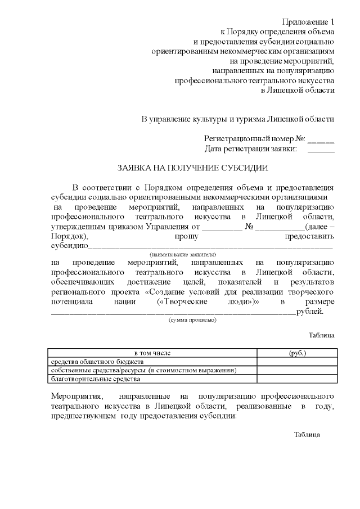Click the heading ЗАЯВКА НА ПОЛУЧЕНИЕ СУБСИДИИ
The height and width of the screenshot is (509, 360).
[192, 168]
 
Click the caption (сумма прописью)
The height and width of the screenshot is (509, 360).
[192, 319]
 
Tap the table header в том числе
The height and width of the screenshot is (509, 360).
[152, 353]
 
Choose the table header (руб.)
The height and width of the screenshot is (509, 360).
[297, 353]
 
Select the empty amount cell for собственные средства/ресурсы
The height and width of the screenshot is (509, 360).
[297, 371]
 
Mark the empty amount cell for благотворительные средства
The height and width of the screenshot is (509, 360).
[297, 379]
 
